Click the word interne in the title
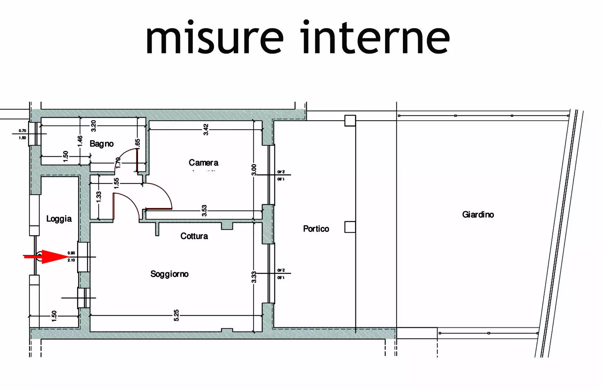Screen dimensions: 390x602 (375, 38)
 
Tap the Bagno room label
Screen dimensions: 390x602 (102, 144)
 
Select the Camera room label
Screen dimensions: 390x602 (203, 163)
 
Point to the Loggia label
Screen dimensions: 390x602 (59, 219)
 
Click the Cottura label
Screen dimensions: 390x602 (194, 236)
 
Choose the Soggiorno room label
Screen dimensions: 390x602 (169, 274)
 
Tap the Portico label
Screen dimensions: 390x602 (316, 229)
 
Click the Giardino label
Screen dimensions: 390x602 (478, 215)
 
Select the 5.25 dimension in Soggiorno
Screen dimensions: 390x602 (176, 315)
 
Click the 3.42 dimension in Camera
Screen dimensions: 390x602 (206, 129)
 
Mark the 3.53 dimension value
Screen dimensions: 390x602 (204, 211)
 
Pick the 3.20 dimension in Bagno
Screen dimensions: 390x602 (93, 126)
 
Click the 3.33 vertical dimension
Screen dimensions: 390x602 (254, 277)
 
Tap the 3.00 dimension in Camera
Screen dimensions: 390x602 (254, 170)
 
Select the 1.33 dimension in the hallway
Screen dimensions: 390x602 (99, 197)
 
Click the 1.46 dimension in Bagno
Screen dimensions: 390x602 (80, 141)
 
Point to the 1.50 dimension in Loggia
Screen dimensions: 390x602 (54, 316)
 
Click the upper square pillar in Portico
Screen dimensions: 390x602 (350, 120)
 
